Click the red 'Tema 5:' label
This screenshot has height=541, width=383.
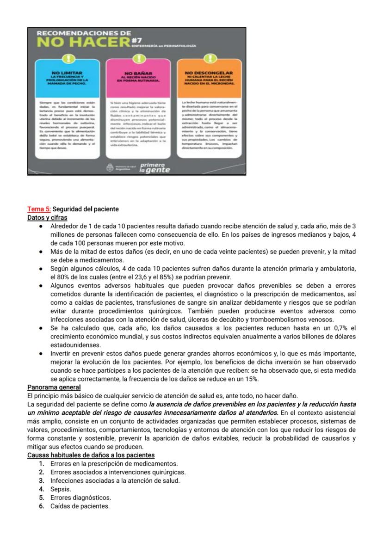pyautogui.click(x=39, y=209)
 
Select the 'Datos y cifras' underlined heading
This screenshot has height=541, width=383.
pyautogui.click(x=47, y=217)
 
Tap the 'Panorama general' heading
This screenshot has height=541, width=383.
pyautogui.click(x=54, y=387)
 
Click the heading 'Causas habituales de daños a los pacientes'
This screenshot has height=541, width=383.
pyautogui.click(x=91, y=455)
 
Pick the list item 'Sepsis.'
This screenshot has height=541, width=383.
pyautogui.click(x=61, y=489)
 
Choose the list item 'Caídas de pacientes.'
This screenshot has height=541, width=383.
pyautogui.click(x=80, y=506)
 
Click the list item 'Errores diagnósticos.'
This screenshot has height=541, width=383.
pyautogui.click(x=80, y=498)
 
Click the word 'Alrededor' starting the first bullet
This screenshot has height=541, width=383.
pyautogui.click(x=64, y=226)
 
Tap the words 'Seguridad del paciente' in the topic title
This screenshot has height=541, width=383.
pyautogui.click(x=86, y=209)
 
